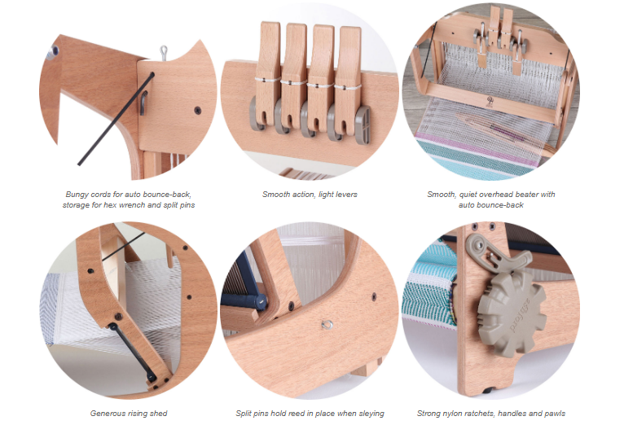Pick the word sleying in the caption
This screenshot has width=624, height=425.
click(371, 414)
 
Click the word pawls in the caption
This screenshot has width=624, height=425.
click(555, 414)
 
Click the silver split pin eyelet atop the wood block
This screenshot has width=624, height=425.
click(164, 52)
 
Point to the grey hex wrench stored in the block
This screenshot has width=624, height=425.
click(143, 103)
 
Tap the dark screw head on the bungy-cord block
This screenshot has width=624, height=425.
click(197, 111)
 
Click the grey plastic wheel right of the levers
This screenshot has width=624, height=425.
click(363, 124)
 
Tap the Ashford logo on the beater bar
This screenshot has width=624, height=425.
click(490, 102)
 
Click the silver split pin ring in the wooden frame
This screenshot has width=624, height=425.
click(327, 325)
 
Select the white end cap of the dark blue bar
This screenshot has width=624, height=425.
click(261, 302)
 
